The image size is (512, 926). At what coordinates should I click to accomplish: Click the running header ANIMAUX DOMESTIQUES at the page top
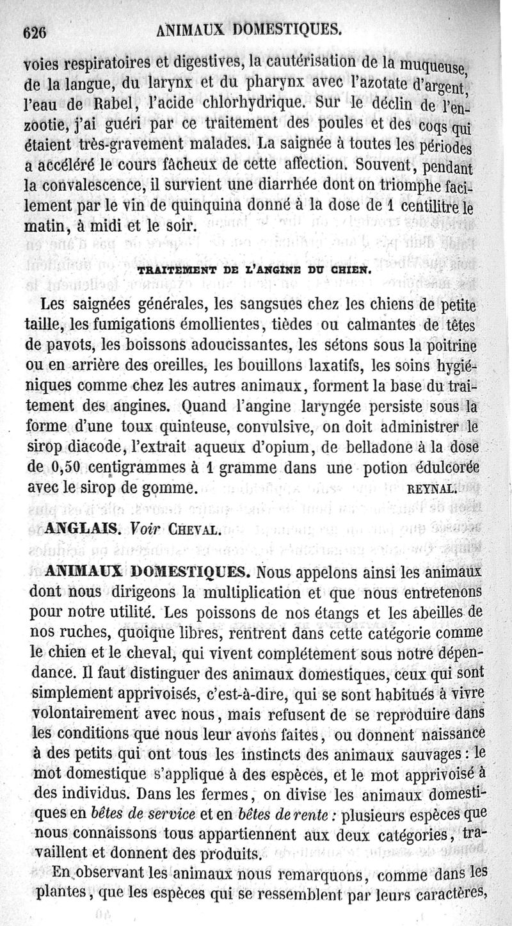tap(249, 29)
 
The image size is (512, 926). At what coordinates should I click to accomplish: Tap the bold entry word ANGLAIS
tap(81, 530)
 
